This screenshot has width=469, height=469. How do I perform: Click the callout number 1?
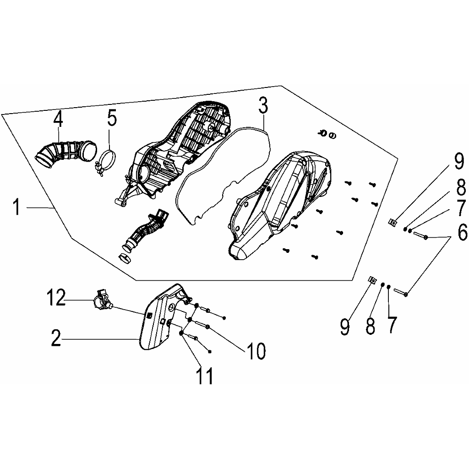(x=16, y=207)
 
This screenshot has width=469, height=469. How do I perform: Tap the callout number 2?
(x=55, y=338)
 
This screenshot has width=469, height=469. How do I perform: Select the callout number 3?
(x=263, y=105)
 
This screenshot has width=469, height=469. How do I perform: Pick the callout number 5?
(x=112, y=119)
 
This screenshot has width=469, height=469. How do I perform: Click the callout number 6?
(x=462, y=231)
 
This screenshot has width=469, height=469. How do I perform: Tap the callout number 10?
(x=256, y=351)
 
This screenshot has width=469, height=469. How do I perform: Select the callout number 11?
(x=205, y=376)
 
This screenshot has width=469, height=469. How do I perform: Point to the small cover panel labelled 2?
(x=162, y=317)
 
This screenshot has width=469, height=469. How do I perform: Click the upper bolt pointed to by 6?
(x=421, y=235)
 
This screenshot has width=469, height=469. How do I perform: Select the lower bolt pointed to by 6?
(x=400, y=292)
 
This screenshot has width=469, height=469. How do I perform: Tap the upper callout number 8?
(x=461, y=188)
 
